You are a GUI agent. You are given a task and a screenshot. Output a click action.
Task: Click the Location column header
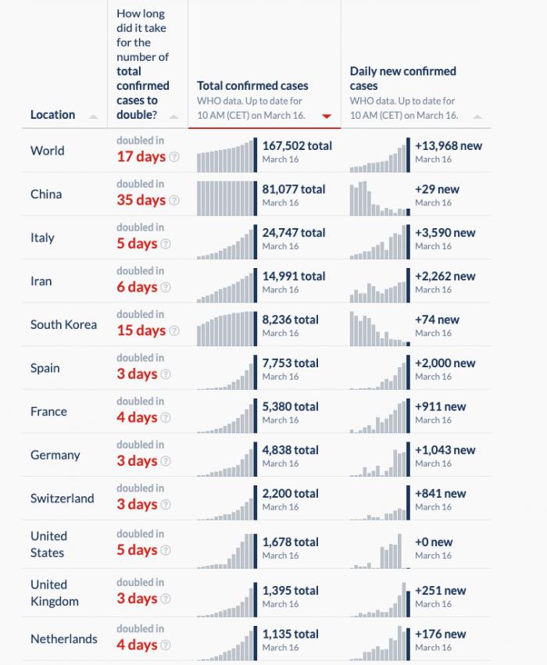point(52,115)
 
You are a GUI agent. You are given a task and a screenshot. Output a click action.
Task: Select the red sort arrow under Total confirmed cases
point(327,116)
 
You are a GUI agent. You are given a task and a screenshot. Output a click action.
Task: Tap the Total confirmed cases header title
point(252,86)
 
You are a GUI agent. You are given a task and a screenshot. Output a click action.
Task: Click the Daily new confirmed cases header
point(402,78)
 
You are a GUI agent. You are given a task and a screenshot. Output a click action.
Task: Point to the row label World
point(47,151)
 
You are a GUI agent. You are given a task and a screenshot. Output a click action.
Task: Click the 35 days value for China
point(141,200)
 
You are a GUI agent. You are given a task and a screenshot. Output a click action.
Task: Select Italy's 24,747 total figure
point(294,233)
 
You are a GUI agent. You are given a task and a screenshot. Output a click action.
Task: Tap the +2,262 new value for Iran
point(445,276)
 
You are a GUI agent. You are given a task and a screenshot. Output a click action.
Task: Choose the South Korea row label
point(63,324)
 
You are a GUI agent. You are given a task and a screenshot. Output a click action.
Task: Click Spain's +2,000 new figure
point(445,363)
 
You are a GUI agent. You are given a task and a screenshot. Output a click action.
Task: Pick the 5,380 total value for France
point(290,406)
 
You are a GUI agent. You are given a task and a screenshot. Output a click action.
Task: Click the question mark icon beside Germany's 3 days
point(174,461)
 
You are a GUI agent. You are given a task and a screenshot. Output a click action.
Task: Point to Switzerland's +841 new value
point(440,493)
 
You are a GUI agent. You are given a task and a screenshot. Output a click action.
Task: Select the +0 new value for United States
point(434,542)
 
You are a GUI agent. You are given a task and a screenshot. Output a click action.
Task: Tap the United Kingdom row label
point(54,593)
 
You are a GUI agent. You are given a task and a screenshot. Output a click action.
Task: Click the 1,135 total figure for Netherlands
point(290,634)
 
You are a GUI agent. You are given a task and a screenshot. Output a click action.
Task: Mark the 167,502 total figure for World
point(297,145)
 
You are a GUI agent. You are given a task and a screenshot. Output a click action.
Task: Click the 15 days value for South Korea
point(141,331)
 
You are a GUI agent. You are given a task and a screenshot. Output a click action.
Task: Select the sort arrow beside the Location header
point(94,116)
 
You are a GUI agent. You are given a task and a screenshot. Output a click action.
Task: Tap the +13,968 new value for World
point(448,145)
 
